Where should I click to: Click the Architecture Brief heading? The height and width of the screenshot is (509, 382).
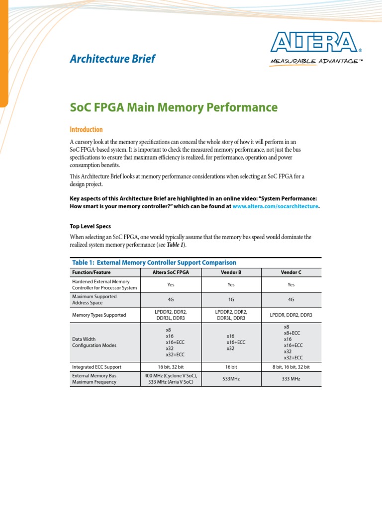[x=112, y=59]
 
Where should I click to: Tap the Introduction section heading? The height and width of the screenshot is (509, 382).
[x=86, y=129]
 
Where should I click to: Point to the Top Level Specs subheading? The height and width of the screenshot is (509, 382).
[x=90, y=226]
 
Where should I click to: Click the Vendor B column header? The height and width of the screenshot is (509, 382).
[x=231, y=272]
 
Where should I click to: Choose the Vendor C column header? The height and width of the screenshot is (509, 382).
[x=291, y=272]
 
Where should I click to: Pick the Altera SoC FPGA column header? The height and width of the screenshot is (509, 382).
[x=171, y=272]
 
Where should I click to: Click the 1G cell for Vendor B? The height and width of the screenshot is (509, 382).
[x=231, y=300]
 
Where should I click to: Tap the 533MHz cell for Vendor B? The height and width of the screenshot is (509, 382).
[x=231, y=379]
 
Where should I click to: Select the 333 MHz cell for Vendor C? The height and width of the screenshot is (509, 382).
[x=291, y=379]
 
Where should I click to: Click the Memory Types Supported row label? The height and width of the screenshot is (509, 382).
[x=99, y=315]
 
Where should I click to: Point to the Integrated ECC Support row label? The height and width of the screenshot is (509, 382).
[x=96, y=367]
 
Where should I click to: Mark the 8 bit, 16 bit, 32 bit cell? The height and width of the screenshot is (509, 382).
[x=291, y=367]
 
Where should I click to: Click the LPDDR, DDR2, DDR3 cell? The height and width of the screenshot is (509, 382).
[x=291, y=315]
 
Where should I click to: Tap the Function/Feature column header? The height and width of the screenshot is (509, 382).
[x=92, y=272]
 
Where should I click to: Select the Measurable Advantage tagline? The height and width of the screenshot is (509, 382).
[x=314, y=61]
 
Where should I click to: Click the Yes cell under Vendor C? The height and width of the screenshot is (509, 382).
[x=291, y=285]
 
